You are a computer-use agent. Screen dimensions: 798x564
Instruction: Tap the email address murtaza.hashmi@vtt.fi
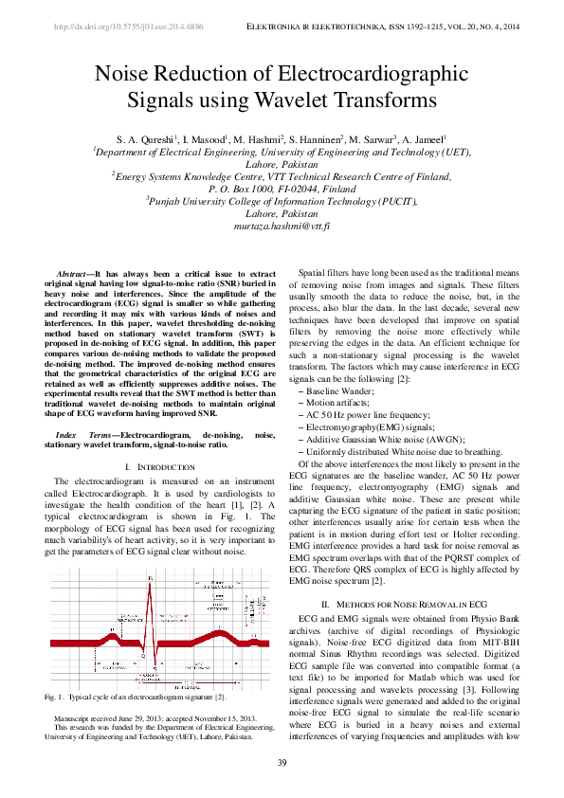coord(282,228)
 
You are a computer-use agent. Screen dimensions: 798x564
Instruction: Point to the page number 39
coord(282,764)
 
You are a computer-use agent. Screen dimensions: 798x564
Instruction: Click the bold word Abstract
coord(74,272)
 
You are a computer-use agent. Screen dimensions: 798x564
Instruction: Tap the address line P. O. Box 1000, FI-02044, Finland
coord(282,189)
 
